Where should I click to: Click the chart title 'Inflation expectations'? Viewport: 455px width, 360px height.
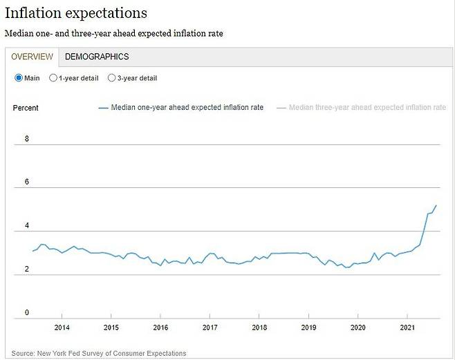click(76, 13)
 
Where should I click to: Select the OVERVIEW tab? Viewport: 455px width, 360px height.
click(32, 57)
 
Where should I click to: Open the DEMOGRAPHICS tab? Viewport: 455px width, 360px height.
click(97, 57)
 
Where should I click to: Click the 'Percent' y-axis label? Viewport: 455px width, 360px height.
click(26, 108)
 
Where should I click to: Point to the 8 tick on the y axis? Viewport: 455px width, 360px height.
click(27, 139)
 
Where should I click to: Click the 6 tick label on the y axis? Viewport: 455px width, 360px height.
click(27, 182)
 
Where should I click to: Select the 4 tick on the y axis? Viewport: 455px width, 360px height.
click(27, 226)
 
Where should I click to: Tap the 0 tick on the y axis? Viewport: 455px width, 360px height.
click(27, 313)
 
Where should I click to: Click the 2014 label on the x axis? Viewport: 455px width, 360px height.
click(62, 328)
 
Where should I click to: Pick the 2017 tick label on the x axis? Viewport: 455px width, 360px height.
click(210, 328)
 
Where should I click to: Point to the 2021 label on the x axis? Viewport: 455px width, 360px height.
click(408, 328)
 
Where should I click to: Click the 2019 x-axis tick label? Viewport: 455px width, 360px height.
click(309, 328)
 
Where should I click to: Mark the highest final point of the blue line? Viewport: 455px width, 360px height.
click(436, 205)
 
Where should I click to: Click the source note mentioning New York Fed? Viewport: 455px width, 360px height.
click(99, 353)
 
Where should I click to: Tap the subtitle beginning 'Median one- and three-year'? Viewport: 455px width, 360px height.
click(114, 33)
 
